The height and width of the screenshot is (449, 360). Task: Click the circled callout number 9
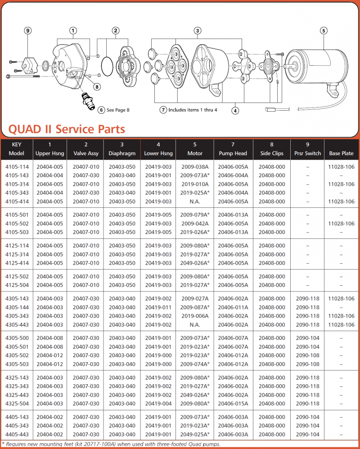(x=28, y=31)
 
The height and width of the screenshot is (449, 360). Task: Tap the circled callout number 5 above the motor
(x=324, y=31)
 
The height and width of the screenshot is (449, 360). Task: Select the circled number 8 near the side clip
(x=97, y=86)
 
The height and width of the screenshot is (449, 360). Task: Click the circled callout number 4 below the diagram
(x=235, y=111)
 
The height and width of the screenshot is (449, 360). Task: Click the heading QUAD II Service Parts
(x=67, y=129)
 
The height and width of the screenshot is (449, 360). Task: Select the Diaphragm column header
(x=122, y=153)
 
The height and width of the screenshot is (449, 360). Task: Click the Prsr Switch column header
(x=308, y=153)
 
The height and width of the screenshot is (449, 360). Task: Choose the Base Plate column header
(x=342, y=153)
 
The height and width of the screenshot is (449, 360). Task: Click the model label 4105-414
(x=17, y=202)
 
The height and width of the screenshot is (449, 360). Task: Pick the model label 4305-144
(x=17, y=307)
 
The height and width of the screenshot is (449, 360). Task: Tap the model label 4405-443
(x=17, y=435)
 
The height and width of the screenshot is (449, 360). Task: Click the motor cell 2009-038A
(x=195, y=166)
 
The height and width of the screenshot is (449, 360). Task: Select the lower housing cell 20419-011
(x=158, y=307)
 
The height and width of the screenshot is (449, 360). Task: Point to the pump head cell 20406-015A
(x=233, y=404)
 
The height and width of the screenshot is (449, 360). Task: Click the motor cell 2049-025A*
(x=195, y=435)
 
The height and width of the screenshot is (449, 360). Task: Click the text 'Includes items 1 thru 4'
(x=193, y=110)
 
